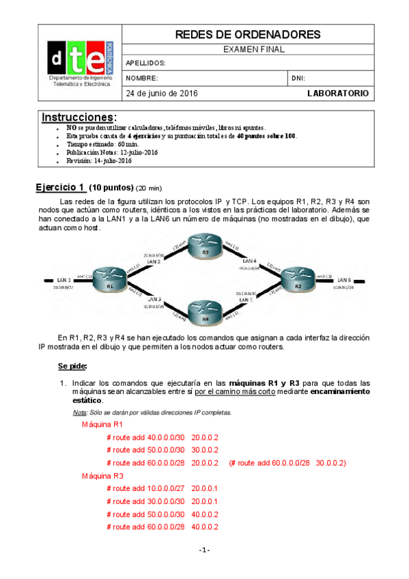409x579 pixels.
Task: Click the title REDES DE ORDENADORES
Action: [x=249, y=34]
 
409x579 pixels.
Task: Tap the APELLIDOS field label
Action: [x=146, y=63]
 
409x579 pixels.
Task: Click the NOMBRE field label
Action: [x=142, y=79]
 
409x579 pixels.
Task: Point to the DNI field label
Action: [x=299, y=79]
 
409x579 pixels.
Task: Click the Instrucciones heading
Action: [x=79, y=117]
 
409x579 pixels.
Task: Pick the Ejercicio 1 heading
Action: [x=60, y=187]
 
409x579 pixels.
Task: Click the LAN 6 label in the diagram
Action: [x=344, y=280]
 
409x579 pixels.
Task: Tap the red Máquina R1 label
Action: [x=101, y=424]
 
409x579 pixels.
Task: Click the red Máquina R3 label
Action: [x=101, y=475]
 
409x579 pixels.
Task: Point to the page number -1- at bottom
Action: [x=205, y=550]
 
